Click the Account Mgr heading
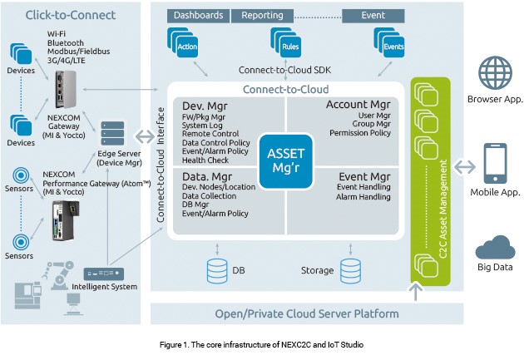358,106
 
